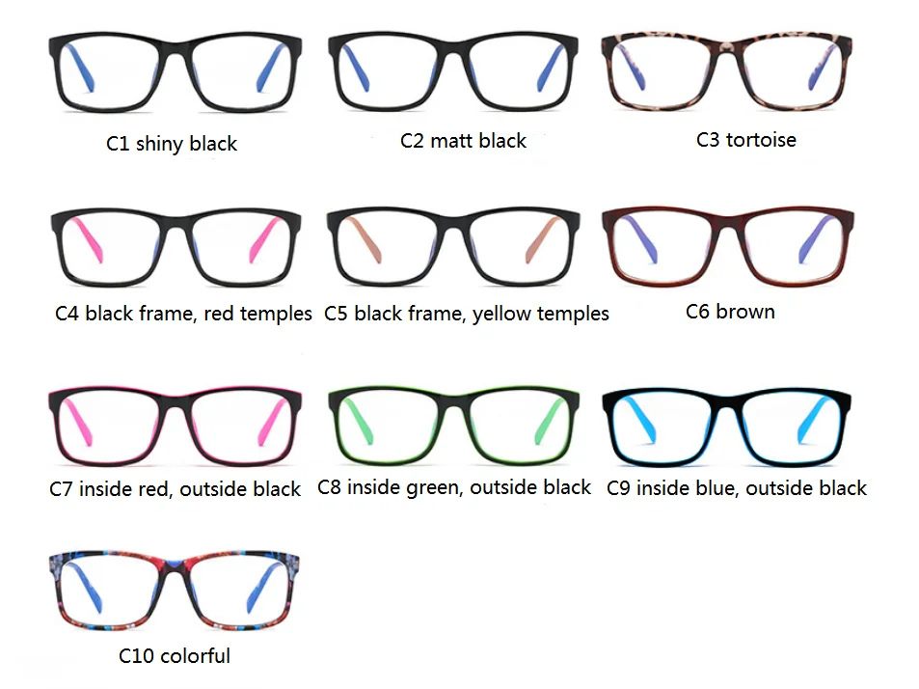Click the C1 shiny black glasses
[175, 71]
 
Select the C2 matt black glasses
[453, 71]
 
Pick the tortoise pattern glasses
[728, 69]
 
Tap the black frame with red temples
[175, 245]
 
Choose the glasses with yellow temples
[453, 245]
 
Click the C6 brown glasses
[728, 245]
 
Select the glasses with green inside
[453, 424]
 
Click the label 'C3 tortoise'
[746, 140]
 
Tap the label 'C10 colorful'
[175, 656]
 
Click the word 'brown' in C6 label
[745, 312]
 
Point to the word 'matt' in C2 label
[451, 141]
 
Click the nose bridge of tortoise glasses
[728, 48]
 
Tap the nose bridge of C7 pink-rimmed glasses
[175, 400]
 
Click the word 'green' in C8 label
[437, 488]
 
